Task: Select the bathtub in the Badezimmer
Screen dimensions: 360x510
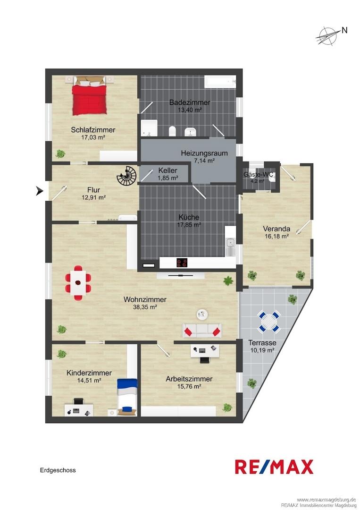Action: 220,82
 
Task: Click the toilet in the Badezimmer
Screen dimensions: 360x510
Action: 173,131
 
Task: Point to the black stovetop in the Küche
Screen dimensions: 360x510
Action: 183,263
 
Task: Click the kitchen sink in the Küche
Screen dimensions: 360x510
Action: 231,243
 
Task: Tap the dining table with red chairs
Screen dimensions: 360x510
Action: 78,283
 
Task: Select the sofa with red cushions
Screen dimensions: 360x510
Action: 202,331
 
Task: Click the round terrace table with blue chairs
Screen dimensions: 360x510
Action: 268,322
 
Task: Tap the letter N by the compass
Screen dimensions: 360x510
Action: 344,30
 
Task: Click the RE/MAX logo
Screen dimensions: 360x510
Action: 274,467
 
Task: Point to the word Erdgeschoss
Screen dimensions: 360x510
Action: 58,470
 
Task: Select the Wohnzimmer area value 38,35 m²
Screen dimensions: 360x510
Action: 145,307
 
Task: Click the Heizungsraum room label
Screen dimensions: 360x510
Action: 204,153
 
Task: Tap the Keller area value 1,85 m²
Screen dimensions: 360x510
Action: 167,178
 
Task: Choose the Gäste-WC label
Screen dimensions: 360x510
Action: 258,175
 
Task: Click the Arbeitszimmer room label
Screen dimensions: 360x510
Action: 189,379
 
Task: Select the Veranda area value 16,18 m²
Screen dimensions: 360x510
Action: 277,237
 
